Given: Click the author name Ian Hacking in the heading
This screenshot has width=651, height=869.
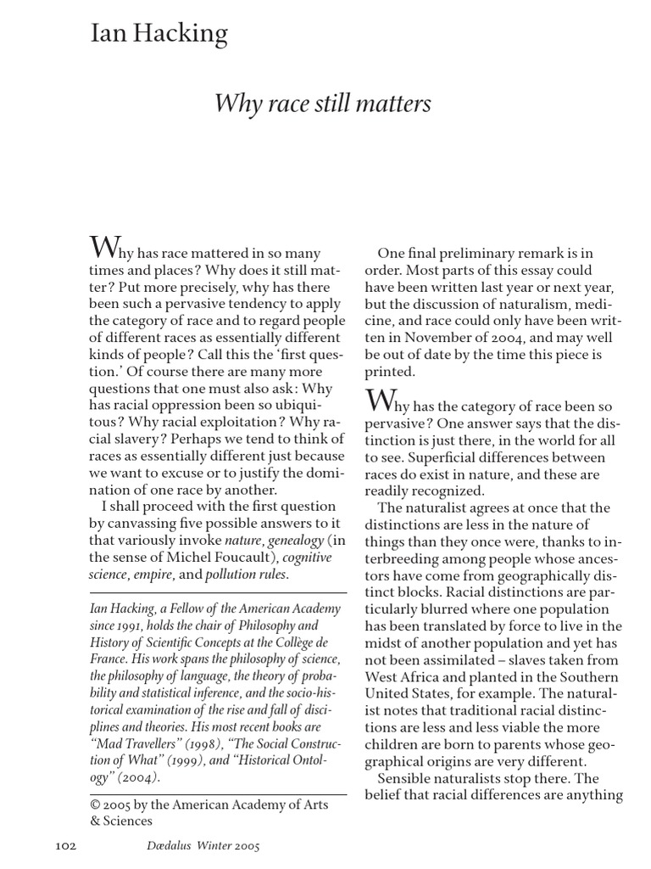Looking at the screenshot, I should click(159, 35).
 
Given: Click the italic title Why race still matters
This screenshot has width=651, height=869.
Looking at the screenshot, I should click(323, 104).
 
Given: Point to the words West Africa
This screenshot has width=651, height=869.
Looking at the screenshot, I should click(402, 676).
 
